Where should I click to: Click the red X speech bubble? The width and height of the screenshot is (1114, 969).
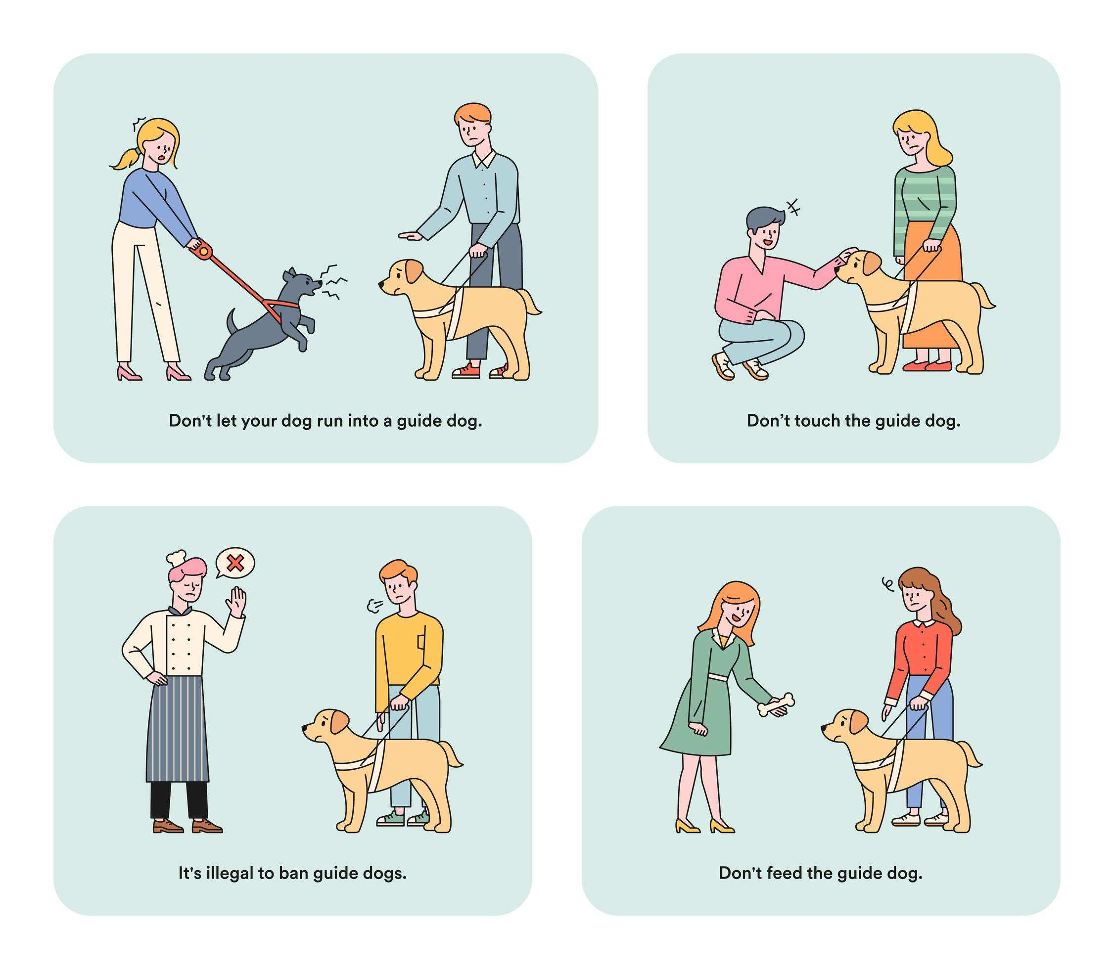(235, 564)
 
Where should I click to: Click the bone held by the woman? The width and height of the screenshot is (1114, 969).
(775, 704)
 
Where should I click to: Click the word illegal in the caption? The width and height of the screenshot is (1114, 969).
(230, 873)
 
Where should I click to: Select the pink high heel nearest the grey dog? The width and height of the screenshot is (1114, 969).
(178, 373)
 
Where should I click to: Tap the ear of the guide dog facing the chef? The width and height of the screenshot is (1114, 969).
(340, 722)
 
